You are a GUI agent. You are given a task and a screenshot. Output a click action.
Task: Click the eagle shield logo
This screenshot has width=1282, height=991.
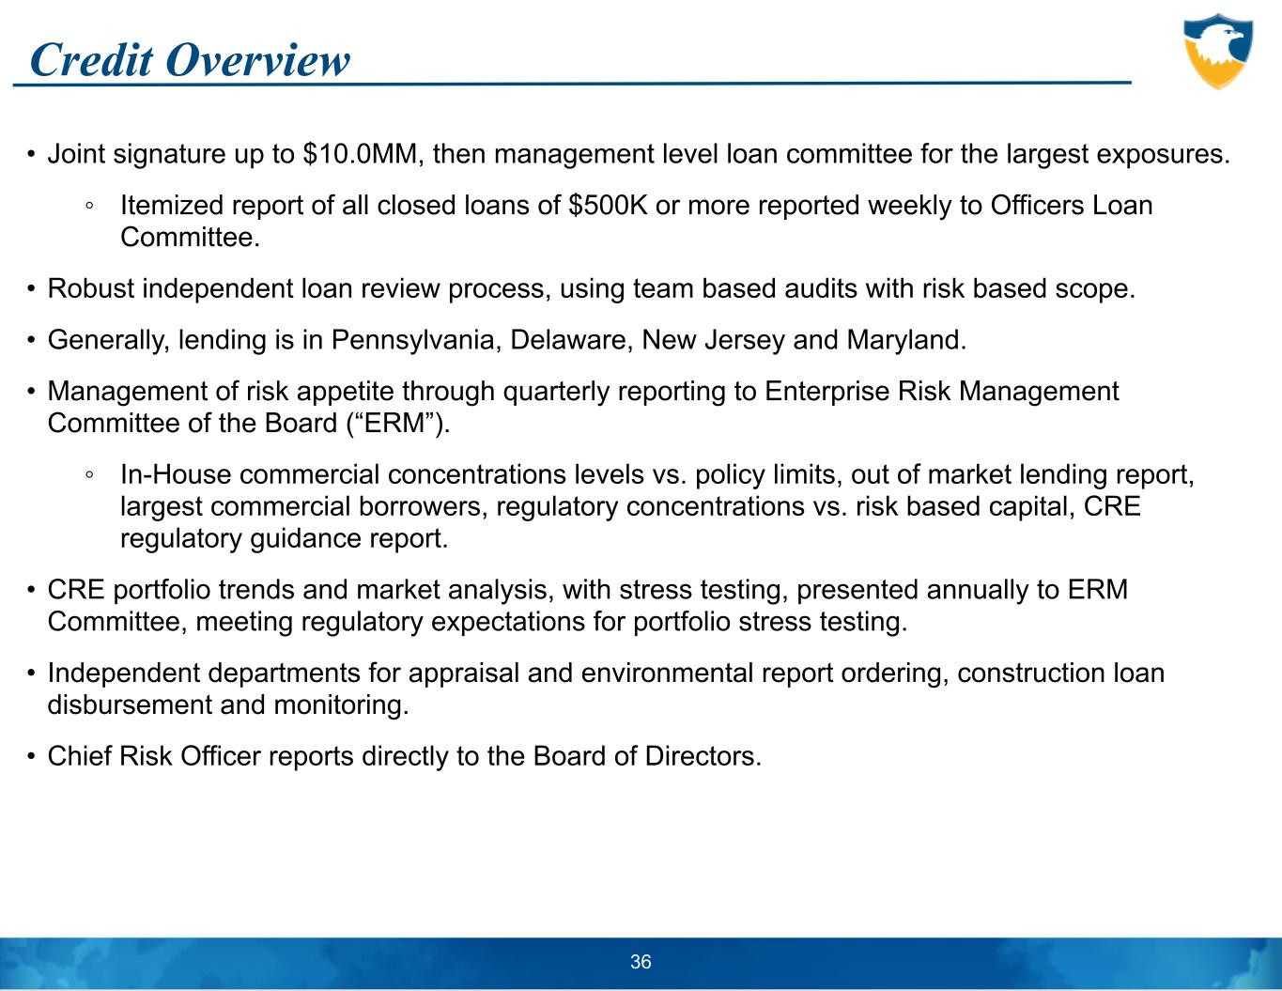coord(1218,52)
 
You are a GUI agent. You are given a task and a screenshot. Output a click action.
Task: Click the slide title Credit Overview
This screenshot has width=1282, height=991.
coord(190,60)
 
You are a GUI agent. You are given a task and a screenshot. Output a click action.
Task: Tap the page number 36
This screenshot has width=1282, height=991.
coord(641,962)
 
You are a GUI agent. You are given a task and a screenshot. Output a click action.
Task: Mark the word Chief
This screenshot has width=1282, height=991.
coord(79,756)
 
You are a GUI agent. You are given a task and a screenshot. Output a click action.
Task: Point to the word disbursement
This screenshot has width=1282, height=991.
coord(129,705)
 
